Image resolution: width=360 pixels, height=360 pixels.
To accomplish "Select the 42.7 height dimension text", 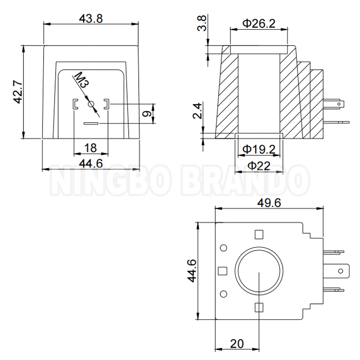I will click(x=17, y=91).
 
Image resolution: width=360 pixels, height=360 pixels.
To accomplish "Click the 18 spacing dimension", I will click(x=90, y=147).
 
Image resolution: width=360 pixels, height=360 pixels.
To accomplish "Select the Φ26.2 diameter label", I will click(x=259, y=23).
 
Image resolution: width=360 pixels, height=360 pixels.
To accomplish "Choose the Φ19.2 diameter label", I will click(x=259, y=150).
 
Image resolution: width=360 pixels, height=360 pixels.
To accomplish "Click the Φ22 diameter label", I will click(x=259, y=166).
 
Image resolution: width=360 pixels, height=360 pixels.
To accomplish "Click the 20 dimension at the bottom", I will click(x=237, y=344).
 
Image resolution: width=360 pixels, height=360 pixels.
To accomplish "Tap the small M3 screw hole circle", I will click(x=91, y=104).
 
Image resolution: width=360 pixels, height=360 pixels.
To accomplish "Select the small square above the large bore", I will click(x=259, y=234).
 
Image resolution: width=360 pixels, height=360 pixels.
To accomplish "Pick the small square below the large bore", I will click(x=259, y=308).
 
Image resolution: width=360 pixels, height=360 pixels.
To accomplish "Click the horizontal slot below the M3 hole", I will click(x=90, y=123).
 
